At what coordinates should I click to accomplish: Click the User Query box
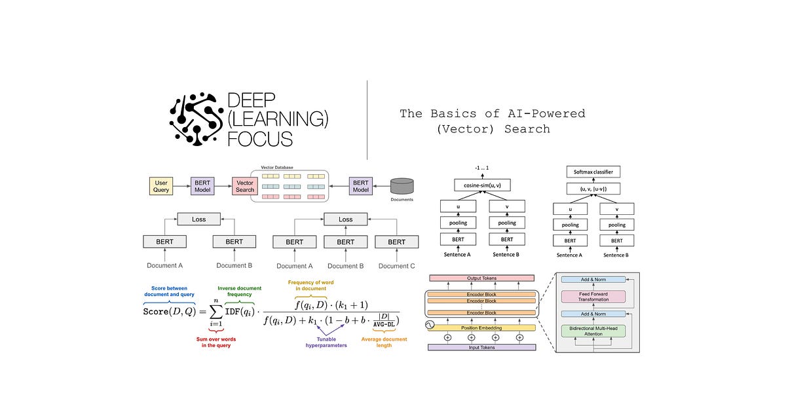pyautogui.click(x=162, y=185)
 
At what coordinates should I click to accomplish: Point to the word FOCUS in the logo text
pyautogui.click(x=259, y=138)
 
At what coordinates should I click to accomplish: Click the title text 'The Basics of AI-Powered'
pyautogui.click(x=492, y=113)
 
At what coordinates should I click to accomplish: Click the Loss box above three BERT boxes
pyautogui.click(x=345, y=219)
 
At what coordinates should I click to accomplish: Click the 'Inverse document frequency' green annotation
pyautogui.click(x=240, y=291)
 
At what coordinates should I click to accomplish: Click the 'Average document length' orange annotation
pyautogui.click(x=384, y=342)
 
